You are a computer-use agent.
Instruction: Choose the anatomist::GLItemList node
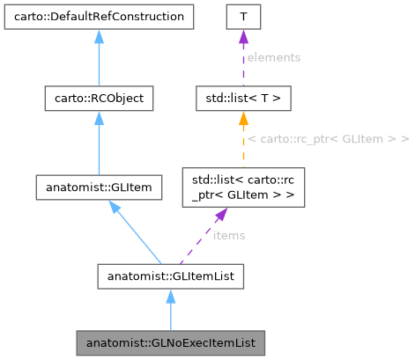(x=170, y=278)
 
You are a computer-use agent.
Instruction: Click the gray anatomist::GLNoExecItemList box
(x=170, y=339)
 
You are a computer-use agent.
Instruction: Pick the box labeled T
(x=242, y=16)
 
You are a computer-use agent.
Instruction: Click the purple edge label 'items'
(x=227, y=236)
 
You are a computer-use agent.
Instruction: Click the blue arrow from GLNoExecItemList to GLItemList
(x=170, y=308)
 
